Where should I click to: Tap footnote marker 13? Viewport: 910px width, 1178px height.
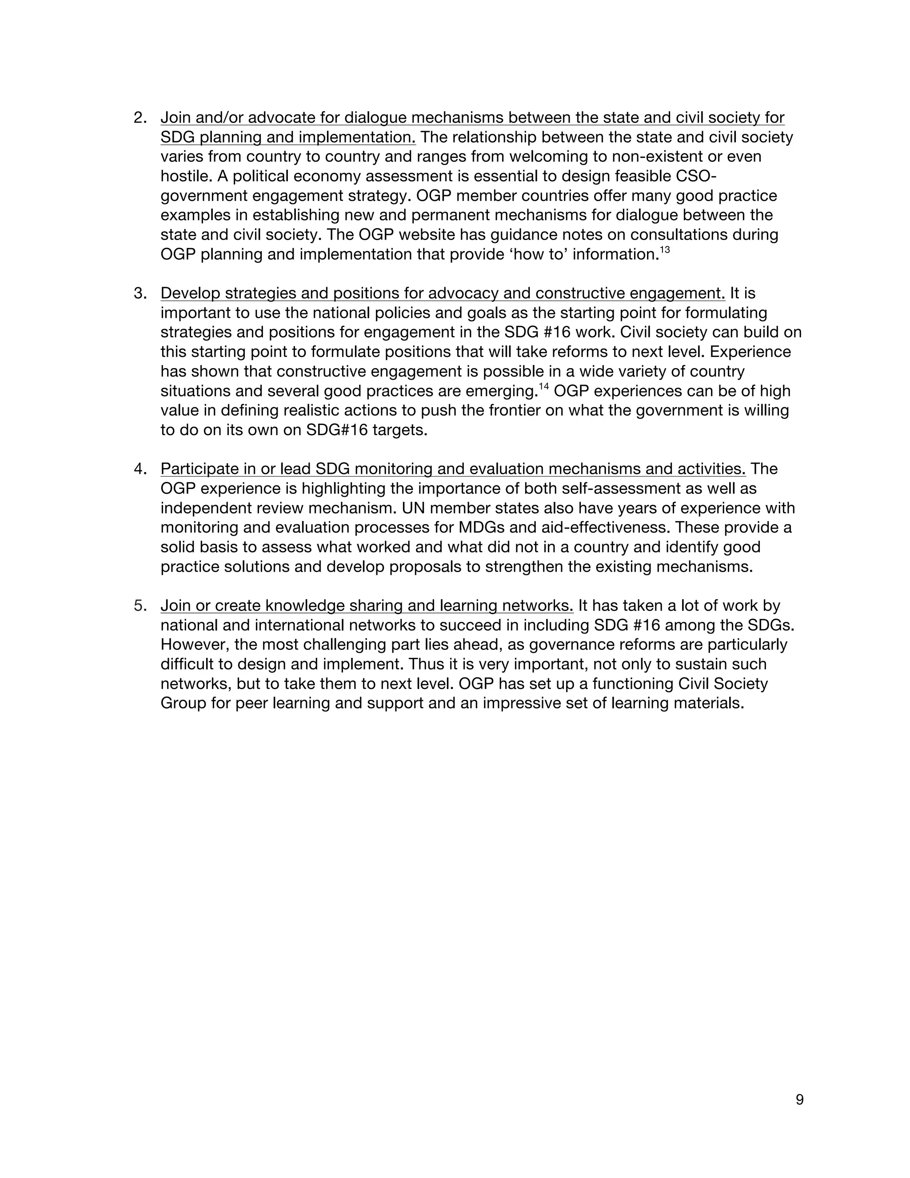pyautogui.click(x=665, y=250)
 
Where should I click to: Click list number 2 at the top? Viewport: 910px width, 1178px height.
pyautogui.click(x=140, y=118)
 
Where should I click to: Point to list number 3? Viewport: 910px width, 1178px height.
pyautogui.click(x=140, y=293)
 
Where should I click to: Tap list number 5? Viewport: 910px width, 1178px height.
pyautogui.click(x=140, y=606)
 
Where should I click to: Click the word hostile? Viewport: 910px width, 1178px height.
pyautogui.click(x=184, y=176)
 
